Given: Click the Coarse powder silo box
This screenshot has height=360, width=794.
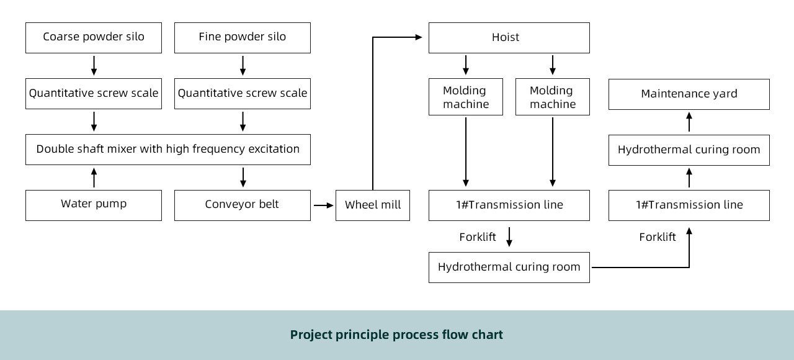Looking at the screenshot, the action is (x=94, y=38).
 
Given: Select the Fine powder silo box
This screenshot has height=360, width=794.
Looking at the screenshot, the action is (x=243, y=38).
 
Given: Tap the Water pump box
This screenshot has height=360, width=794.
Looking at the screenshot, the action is (x=94, y=205).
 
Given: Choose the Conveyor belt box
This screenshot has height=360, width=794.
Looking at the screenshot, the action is (x=243, y=205).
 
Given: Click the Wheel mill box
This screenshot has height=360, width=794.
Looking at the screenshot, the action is (x=373, y=205).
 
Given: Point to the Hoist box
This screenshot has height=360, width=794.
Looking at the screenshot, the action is (x=509, y=38).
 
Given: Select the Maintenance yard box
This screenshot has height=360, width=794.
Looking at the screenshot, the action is (x=689, y=94).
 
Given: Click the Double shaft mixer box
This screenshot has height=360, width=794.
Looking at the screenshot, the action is (x=168, y=150).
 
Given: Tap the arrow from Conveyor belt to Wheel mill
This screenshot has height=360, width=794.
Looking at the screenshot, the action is (x=324, y=205).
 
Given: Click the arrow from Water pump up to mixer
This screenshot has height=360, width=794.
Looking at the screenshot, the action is (x=94, y=178).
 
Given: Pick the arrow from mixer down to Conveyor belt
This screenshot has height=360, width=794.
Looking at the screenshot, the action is (x=243, y=178).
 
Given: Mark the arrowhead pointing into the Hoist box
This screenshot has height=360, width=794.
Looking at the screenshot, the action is (x=419, y=37).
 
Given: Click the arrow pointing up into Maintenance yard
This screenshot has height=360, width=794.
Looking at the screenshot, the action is (x=689, y=122).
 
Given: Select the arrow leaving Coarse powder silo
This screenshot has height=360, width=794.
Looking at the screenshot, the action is (x=94, y=66).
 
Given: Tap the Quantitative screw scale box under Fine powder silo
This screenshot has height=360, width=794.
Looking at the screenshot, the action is (x=243, y=94).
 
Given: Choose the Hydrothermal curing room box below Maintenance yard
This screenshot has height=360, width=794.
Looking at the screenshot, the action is (x=689, y=150).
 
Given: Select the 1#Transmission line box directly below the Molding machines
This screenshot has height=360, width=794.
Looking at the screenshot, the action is (x=509, y=205).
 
